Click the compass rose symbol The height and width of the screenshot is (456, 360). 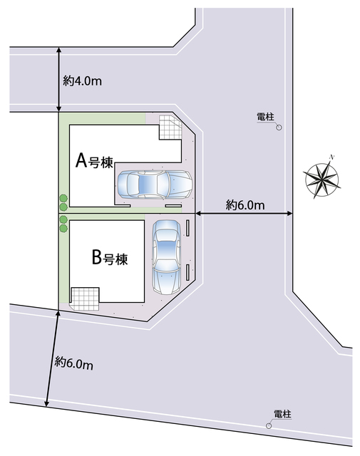point(322,178)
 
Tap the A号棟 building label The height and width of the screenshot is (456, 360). point(94,161)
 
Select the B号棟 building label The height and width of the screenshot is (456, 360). point(110,257)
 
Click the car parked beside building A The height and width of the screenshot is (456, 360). point(155,185)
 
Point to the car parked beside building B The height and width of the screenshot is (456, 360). point(167,257)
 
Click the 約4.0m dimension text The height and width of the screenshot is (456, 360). point(83,81)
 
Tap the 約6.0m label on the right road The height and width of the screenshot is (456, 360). point(245,205)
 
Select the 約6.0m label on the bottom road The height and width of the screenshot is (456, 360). point(74,363)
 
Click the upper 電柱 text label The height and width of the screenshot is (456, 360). point(265,117)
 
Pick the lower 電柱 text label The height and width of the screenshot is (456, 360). point(282,414)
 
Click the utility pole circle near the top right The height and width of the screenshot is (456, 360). point(279,128)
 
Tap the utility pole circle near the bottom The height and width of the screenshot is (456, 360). point(269,426)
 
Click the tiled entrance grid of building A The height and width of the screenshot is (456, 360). point(170,127)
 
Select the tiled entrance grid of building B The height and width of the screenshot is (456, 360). point(85,299)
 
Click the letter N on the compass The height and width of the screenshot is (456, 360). point(331,157)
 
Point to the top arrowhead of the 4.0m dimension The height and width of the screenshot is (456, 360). point(59,50)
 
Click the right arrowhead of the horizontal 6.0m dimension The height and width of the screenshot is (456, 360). point(289,214)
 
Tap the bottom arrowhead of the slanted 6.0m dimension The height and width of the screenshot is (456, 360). point(46,404)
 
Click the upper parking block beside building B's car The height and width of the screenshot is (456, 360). point(187,228)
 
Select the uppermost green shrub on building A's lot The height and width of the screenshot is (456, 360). point(63,198)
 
